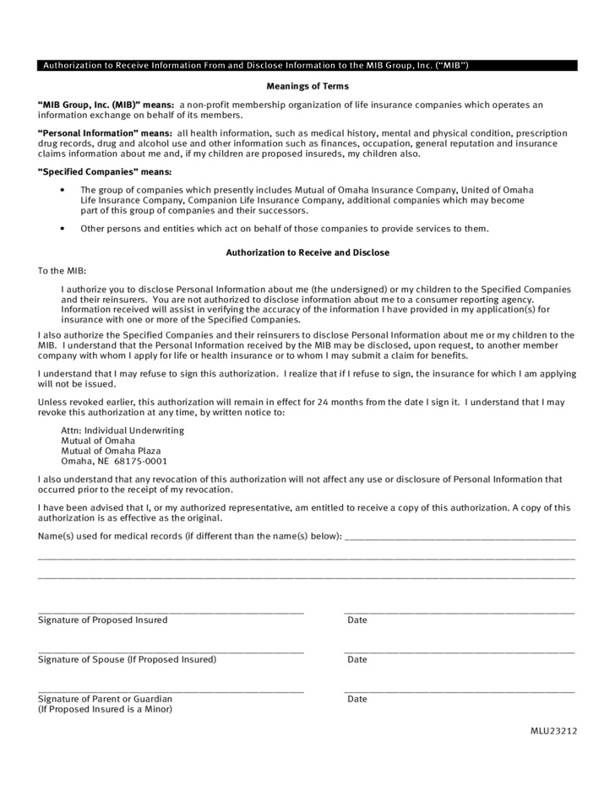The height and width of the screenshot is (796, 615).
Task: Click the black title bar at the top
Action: [x=307, y=65]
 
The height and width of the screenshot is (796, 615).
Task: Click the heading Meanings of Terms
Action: [x=307, y=86]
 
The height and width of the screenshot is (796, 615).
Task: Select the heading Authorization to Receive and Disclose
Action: [x=307, y=252]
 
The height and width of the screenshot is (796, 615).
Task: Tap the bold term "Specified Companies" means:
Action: [x=105, y=171]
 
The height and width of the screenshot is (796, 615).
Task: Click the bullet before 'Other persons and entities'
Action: [x=63, y=229]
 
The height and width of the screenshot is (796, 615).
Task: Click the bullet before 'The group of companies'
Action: [x=63, y=191]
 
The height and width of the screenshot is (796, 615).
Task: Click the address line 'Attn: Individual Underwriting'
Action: [x=122, y=430]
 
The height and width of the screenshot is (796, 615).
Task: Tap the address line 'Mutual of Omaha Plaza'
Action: [x=111, y=451]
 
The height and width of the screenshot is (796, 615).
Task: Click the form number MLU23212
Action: [x=554, y=731]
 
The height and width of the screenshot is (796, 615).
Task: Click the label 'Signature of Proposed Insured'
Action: [x=103, y=620]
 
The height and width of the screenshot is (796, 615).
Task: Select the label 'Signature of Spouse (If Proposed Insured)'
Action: [x=127, y=659]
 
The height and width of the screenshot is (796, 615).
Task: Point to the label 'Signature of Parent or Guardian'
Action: [x=106, y=699]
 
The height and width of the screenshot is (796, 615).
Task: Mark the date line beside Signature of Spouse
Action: [x=459, y=652]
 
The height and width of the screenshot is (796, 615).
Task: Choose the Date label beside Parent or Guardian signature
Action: [x=357, y=699]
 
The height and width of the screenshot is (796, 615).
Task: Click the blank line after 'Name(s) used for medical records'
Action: [x=460, y=539]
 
